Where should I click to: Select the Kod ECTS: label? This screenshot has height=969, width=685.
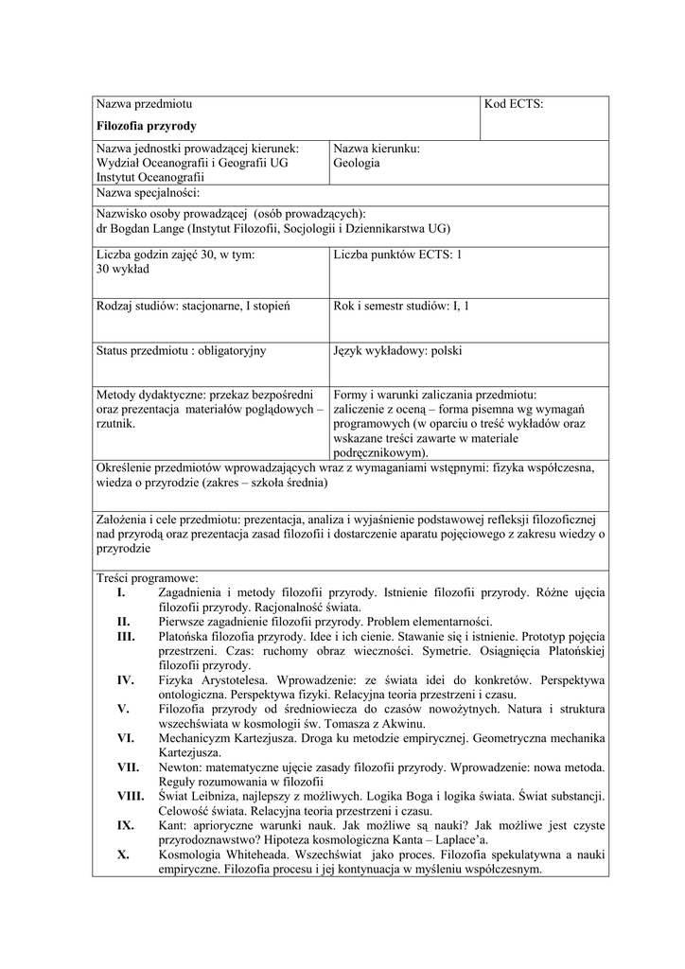coord(514,105)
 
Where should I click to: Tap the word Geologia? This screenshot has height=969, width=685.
coord(357,163)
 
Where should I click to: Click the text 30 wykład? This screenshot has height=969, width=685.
coord(123,269)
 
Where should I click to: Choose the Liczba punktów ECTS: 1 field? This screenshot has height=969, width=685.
coord(398,255)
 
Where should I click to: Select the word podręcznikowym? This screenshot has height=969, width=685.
coord(379,453)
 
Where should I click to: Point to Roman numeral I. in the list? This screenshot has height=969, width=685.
coord(121,592)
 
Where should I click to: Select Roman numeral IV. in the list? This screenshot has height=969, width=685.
coord(125,679)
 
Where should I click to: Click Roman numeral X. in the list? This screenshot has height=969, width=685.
coord(123,854)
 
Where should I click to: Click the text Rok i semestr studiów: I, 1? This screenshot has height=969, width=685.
coord(402,307)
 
